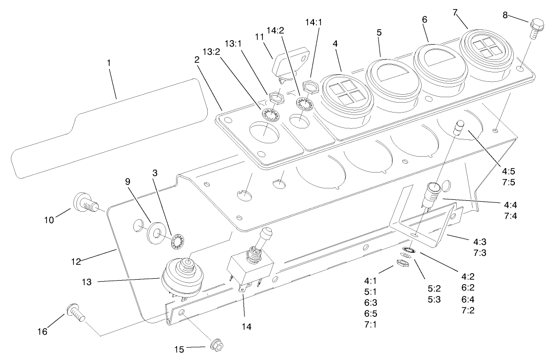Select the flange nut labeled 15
coord(217,344)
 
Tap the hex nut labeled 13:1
coord(275,97)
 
